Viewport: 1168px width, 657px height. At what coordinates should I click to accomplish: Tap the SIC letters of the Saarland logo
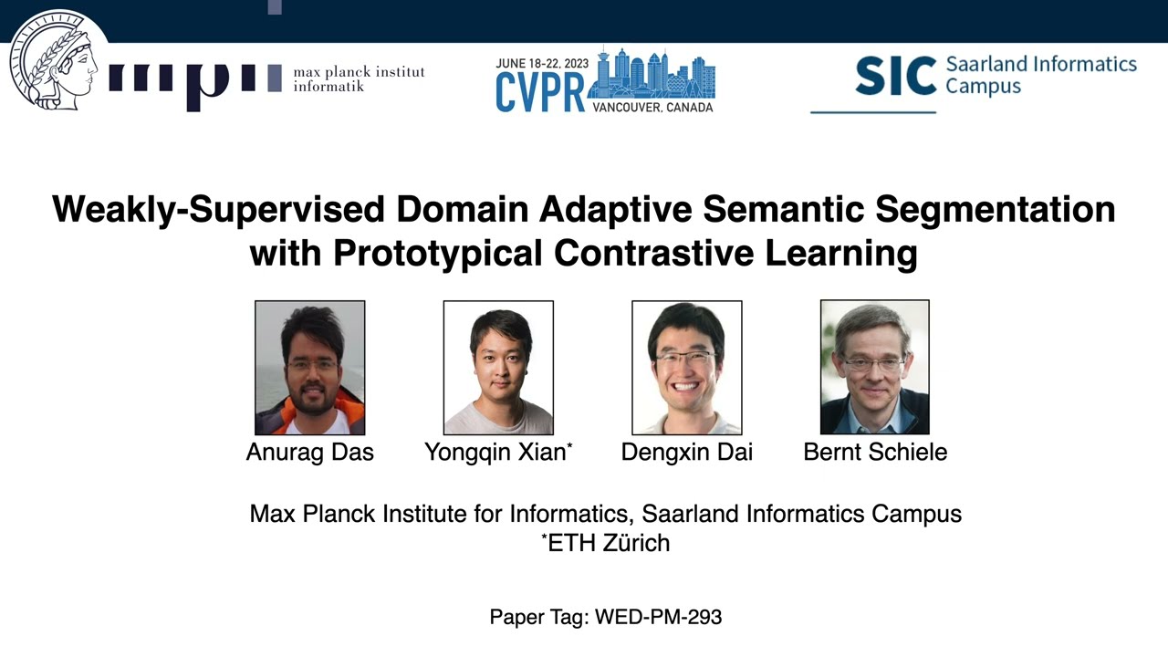(895, 76)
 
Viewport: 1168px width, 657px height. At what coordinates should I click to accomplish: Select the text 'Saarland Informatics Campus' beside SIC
(1040, 76)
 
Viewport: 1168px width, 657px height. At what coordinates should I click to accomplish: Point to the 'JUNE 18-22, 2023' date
(542, 64)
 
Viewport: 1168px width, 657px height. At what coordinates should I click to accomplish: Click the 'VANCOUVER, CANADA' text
(652, 107)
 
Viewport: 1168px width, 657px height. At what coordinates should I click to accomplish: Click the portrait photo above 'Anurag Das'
(309, 367)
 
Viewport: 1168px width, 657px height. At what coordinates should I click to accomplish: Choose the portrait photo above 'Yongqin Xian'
(498, 367)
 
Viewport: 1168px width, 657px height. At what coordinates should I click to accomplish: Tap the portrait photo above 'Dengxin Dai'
(686, 367)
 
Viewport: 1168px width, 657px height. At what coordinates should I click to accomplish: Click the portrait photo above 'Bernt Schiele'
(874, 367)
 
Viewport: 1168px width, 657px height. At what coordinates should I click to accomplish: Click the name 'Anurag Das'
(309, 452)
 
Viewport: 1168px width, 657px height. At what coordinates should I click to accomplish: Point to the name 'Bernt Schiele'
(875, 452)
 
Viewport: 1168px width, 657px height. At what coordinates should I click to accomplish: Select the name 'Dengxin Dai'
(686, 452)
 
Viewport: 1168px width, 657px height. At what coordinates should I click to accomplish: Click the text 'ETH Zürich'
(608, 543)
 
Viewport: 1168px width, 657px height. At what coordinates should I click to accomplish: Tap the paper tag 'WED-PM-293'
(658, 617)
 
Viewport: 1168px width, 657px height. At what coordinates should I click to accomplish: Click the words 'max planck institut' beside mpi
(359, 72)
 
